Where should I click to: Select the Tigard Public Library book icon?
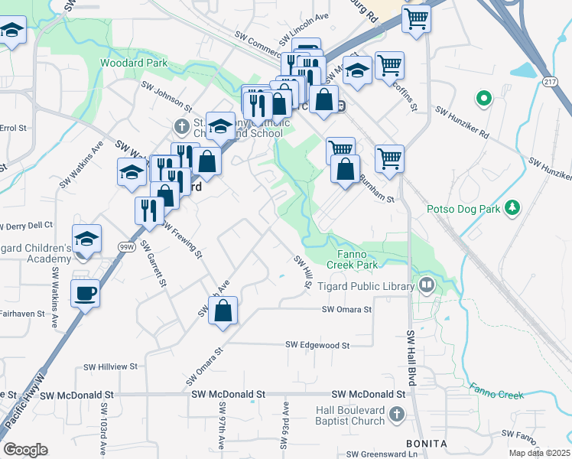(x=427, y=286)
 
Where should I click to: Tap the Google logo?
(x=26, y=450)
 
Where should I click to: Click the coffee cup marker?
(x=85, y=292)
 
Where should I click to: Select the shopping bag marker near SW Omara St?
(x=223, y=311)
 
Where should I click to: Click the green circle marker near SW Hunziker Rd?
(x=483, y=98)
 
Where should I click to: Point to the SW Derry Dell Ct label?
(x=26, y=225)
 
